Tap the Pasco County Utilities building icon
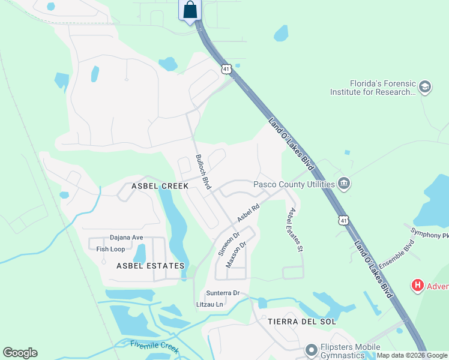(344, 184)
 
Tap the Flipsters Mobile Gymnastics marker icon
(311, 349)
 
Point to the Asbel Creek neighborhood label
(152, 186)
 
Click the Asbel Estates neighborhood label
(150, 265)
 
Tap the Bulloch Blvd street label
(203, 172)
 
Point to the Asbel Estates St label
(294, 229)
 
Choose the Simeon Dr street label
(228, 244)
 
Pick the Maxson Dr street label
(236, 255)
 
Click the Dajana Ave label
(126, 238)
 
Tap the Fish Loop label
(110, 249)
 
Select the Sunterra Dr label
(223, 293)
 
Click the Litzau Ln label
(209, 305)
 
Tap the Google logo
(20, 353)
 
